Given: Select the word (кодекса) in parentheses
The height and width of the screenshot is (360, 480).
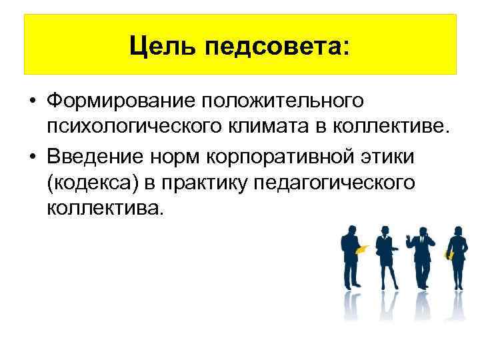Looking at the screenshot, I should (89, 182).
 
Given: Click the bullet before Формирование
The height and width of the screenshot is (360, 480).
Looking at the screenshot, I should (31, 102).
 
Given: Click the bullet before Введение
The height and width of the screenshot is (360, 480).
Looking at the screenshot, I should (31, 156).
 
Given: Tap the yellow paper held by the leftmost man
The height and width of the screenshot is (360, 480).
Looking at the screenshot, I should (363, 249).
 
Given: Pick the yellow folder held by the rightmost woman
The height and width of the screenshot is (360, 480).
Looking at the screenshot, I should (449, 255).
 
